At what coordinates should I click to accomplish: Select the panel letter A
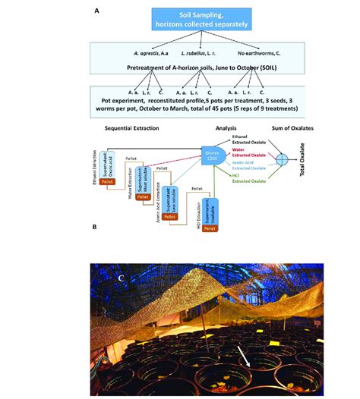[96, 11]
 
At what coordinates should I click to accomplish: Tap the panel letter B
[93, 226]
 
